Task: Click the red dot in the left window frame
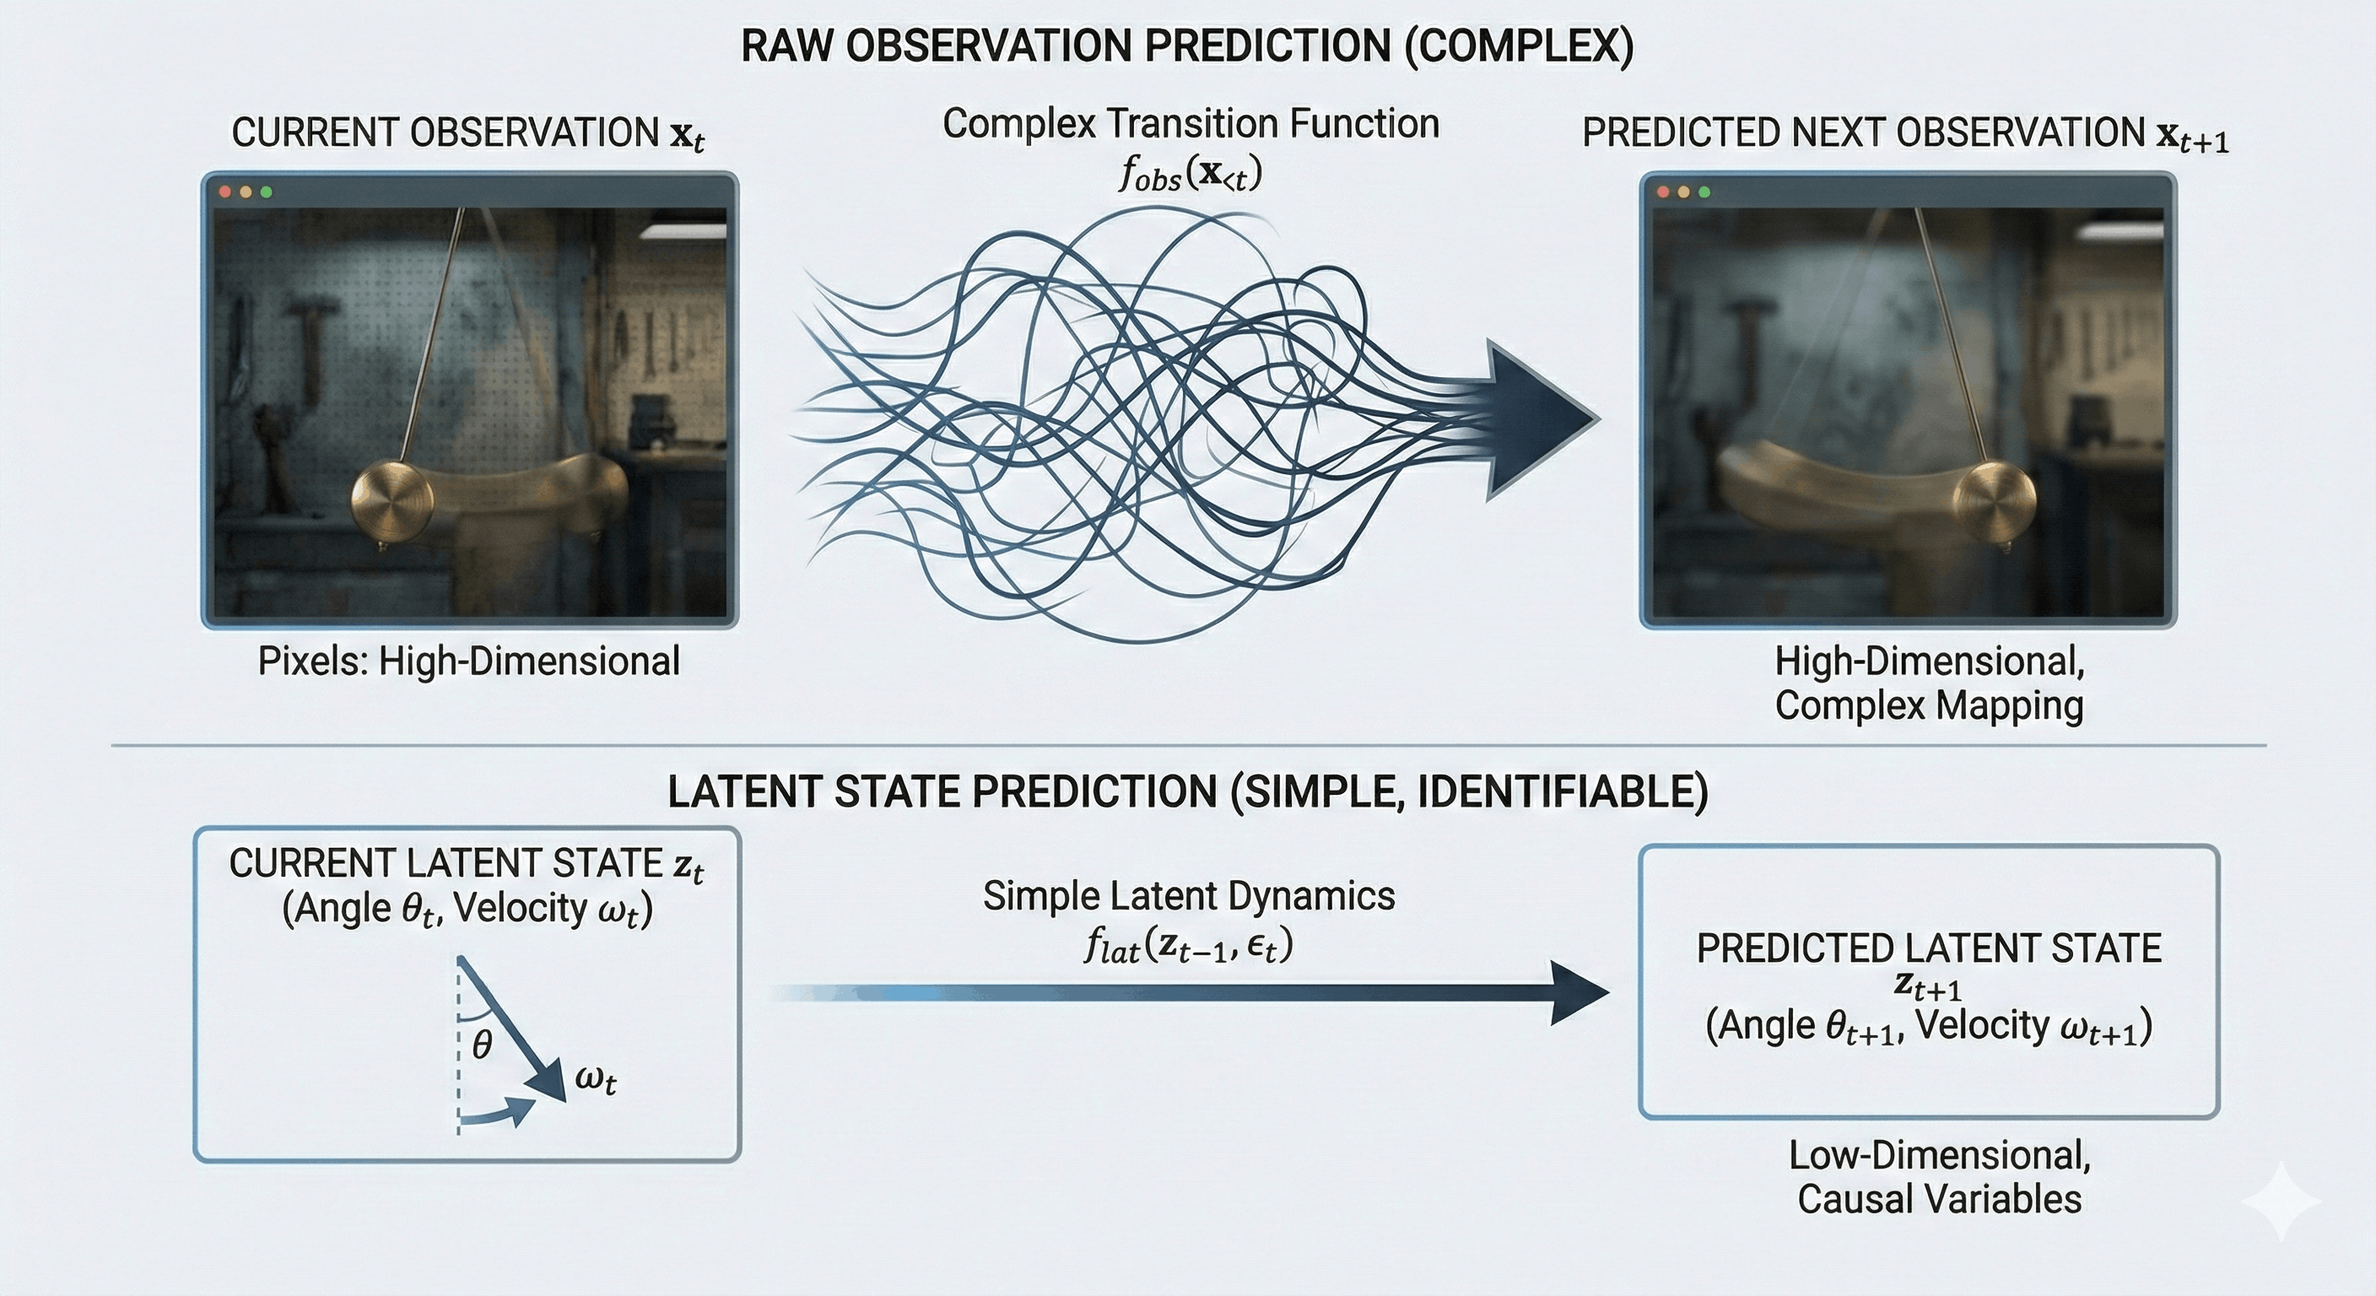coord(225,192)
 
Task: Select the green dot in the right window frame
coord(1704,192)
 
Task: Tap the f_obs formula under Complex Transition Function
coord(1190,172)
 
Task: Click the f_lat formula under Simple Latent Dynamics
coord(1188,946)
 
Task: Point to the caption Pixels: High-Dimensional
coord(468,661)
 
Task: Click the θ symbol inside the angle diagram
coord(482,1045)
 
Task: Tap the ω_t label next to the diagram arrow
coord(596,1078)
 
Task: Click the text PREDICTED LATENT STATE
coord(1929,948)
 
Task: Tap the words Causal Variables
coord(1939,1199)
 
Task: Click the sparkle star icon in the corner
coord(2280,1201)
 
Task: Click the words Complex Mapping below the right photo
coord(1929,705)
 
